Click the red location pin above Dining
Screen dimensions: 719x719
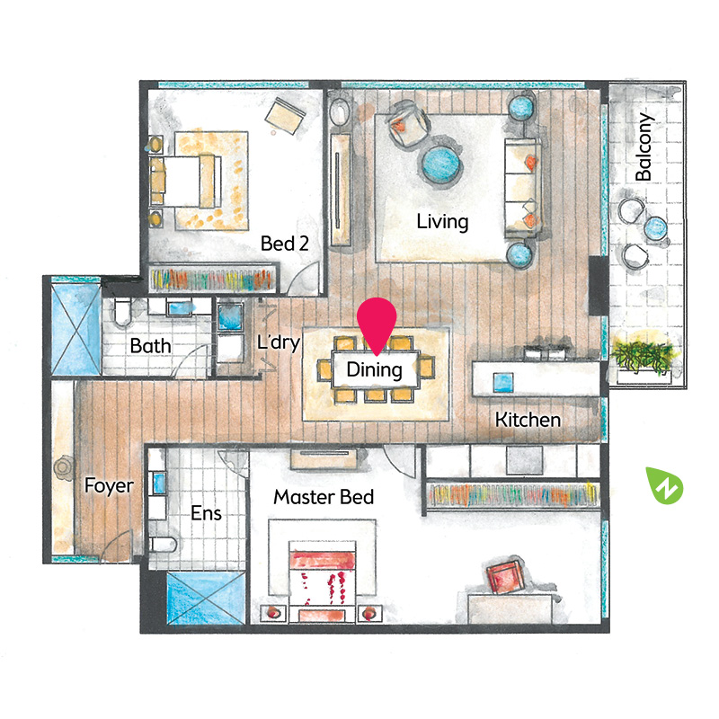tap(377, 324)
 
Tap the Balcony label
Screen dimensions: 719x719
tap(644, 146)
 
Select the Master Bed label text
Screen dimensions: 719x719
tap(324, 497)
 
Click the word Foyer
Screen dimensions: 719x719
tap(109, 486)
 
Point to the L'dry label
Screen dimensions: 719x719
tap(279, 342)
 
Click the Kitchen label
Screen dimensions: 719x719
tap(528, 420)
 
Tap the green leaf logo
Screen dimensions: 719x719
tap(664, 485)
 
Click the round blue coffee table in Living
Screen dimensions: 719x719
tap(440, 164)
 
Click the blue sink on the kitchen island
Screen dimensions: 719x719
tap(503, 383)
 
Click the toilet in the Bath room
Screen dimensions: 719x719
tap(122, 313)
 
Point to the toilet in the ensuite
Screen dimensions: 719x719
tap(163, 545)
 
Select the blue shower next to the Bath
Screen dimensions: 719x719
tap(76, 329)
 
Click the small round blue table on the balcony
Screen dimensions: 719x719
tap(655, 228)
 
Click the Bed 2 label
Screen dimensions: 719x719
tap(285, 244)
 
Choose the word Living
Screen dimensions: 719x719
tap(442, 221)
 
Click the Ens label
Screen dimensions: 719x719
tap(207, 513)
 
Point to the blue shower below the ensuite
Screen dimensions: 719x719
tap(206, 598)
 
